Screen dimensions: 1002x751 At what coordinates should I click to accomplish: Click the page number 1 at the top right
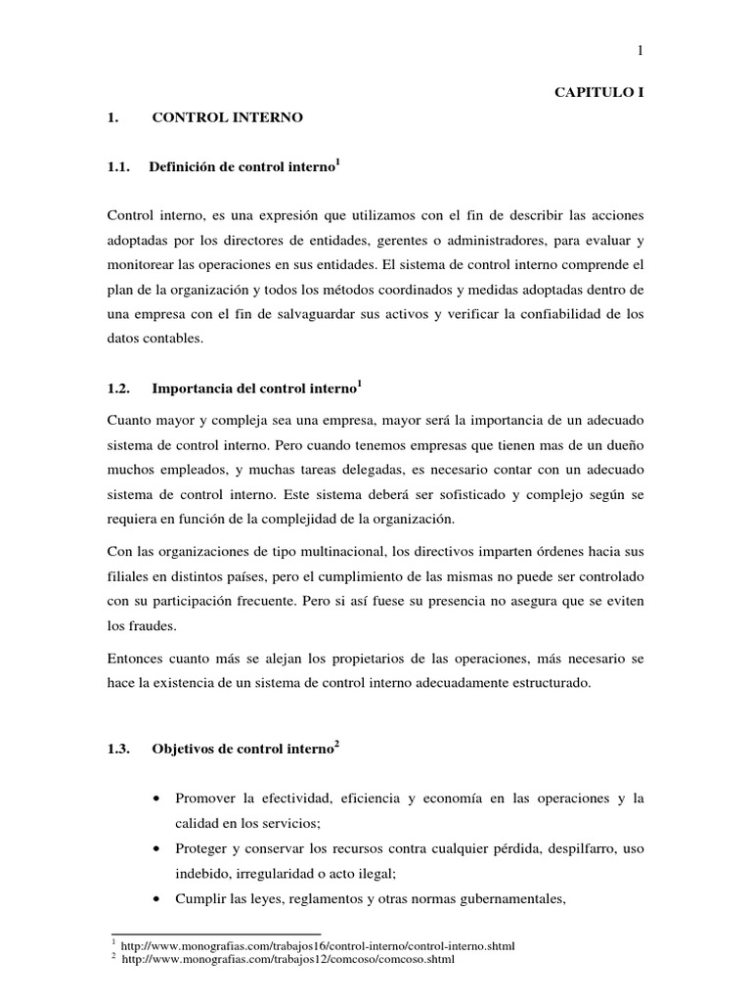tap(641, 52)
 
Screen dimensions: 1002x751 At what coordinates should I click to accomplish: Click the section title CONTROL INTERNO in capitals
tap(228, 117)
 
